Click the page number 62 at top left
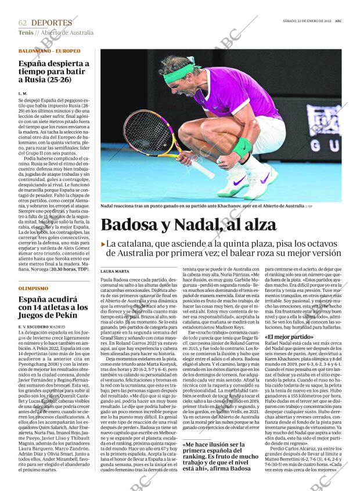pos(23,23)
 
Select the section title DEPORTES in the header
pos(52,23)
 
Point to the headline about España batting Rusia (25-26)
pos(53,71)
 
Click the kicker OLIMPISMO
pos(33,288)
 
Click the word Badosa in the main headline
pos(135,226)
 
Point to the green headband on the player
pos(178,74)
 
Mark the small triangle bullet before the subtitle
pos(103,244)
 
